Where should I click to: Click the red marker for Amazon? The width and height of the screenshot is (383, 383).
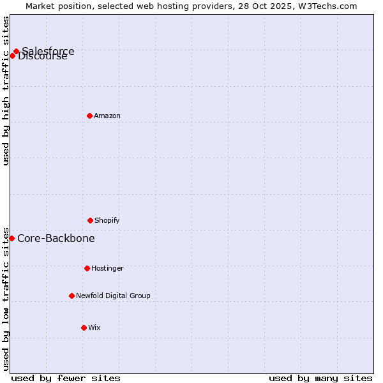[x=89, y=116]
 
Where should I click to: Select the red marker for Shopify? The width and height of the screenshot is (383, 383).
[x=90, y=220]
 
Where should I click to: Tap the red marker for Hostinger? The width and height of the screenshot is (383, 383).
[x=87, y=268]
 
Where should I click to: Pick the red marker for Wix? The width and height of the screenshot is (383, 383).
[x=84, y=327]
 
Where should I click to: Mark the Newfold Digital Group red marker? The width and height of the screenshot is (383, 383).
[x=71, y=296]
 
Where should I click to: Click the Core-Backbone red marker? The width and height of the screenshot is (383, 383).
[x=11, y=238]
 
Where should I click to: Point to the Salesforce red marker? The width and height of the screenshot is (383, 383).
[x=16, y=51]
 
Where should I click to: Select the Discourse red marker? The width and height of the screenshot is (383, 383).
[x=12, y=56]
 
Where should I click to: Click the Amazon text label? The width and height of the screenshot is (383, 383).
[x=107, y=116]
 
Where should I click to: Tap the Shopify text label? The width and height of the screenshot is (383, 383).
[x=107, y=220]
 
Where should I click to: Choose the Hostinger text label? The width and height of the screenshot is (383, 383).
[x=107, y=268]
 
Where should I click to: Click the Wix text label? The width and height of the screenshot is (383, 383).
[x=94, y=327]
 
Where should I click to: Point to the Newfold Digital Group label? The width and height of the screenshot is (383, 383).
[x=113, y=296]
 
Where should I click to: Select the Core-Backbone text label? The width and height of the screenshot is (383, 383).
[x=56, y=238]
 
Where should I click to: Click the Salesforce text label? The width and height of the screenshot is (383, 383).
[x=49, y=51]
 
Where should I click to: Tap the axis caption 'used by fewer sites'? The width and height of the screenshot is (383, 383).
[x=66, y=378]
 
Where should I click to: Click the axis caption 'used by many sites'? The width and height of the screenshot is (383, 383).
[x=320, y=378]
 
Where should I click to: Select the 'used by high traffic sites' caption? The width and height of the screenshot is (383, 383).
[x=6, y=91]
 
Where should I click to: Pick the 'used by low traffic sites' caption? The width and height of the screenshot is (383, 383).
[x=6, y=299]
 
